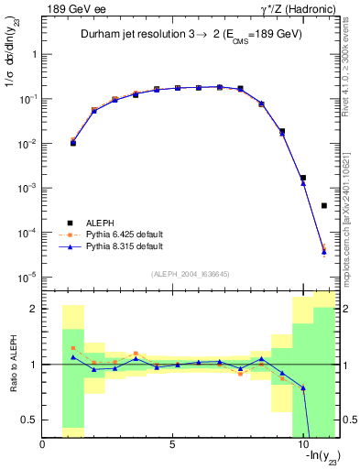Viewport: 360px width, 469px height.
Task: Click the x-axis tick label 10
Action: point(302,446)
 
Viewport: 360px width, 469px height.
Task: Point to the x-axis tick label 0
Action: point(43,446)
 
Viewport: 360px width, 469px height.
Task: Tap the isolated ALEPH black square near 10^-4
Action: point(324,206)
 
